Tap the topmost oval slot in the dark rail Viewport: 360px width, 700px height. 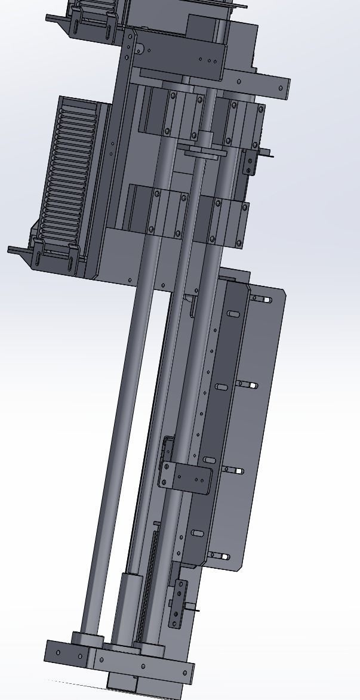[233, 314]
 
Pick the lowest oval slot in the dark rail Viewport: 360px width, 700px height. [197, 534]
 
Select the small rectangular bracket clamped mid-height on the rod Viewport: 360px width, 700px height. [186, 476]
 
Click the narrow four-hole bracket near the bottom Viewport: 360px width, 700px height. [177, 603]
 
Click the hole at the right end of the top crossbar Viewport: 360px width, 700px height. [281, 88]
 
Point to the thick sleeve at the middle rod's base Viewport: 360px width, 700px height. [127, 609]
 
